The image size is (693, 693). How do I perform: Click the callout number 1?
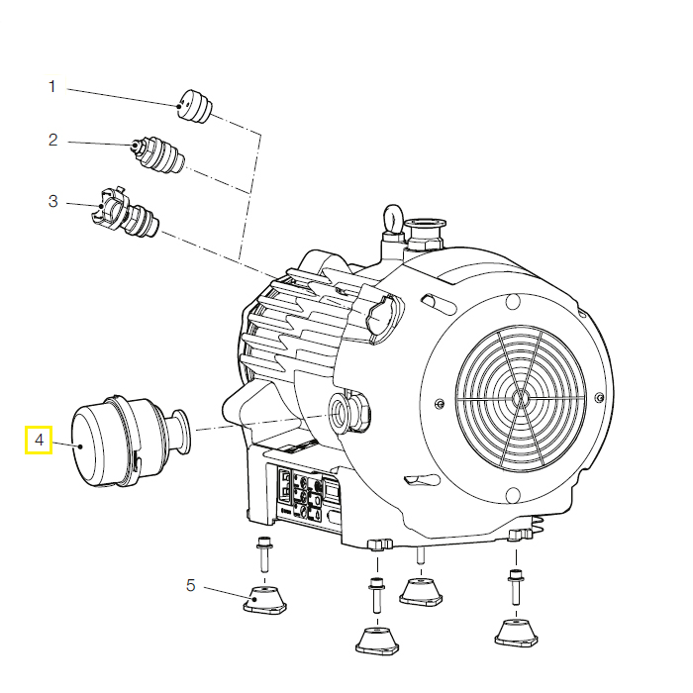click(52, 86)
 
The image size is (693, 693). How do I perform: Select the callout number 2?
click(53, 140)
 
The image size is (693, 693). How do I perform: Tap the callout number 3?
click(53, 201)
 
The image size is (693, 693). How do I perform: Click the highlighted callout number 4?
click(39, 441)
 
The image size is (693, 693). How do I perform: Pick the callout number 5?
click(190, 586)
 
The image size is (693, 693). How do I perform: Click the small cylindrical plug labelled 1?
click(194, 107)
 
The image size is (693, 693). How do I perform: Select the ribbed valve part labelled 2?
click(158, 154)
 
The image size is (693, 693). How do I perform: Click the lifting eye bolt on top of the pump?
click(392, 218)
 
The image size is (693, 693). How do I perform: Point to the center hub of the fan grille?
click(521, 398)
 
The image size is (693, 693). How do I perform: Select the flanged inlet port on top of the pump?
click(425, 233)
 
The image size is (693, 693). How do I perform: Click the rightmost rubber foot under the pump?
click(516, 634)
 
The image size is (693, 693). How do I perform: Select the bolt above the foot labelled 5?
click(264, 553)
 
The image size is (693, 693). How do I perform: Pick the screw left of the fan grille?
click(439, 403)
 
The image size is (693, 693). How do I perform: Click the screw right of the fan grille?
click(599, 397)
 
